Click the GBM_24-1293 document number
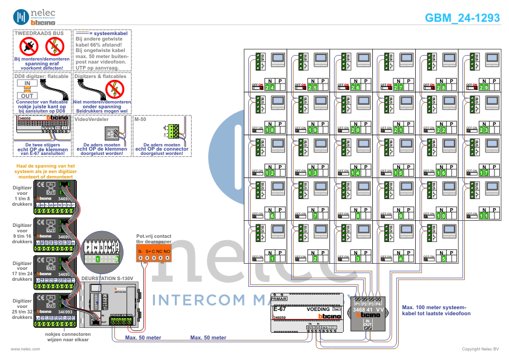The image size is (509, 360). pos(462,18)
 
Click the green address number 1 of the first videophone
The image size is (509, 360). pos(272,258)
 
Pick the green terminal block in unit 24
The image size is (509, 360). pos(260,61)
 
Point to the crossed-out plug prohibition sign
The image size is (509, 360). pos(29,45)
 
